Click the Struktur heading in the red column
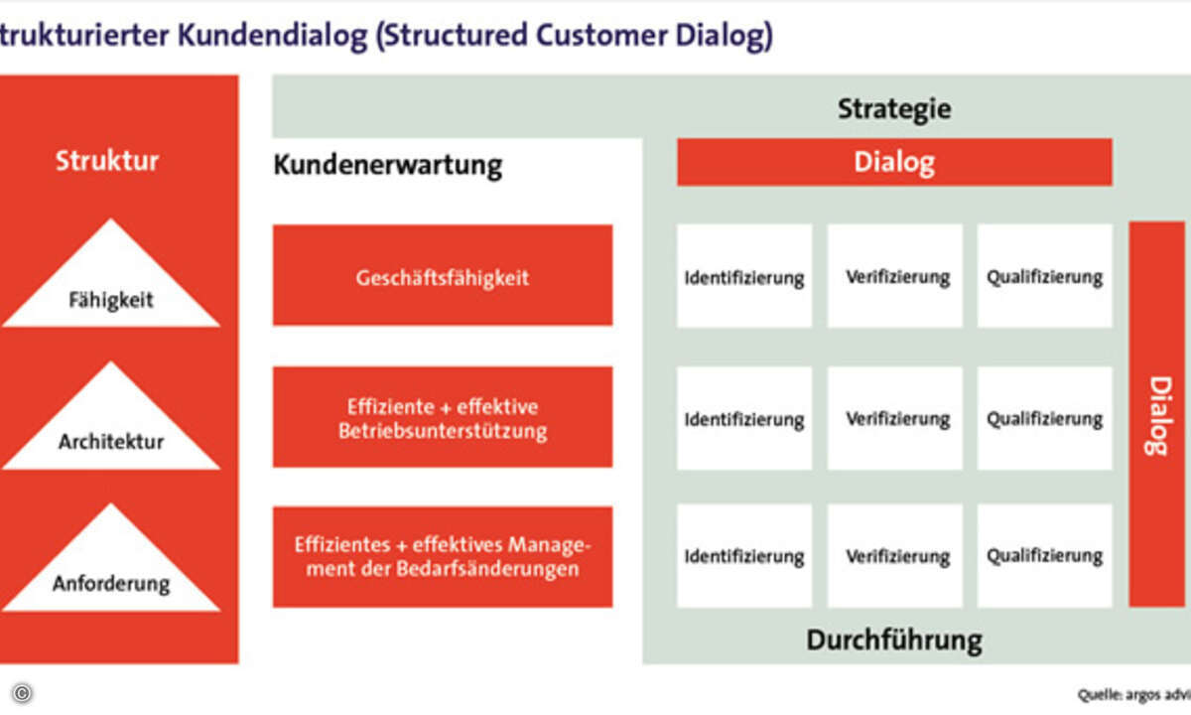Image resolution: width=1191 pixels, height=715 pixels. point(107,161)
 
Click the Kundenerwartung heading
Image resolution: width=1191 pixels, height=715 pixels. point(387,164)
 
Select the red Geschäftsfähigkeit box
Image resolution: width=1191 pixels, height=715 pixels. point(443,276)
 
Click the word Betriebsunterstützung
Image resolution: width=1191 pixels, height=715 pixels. point(443,432)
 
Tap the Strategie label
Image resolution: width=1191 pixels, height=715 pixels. point(893,108)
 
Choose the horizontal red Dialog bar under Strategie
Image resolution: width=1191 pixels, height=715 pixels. point(893,162)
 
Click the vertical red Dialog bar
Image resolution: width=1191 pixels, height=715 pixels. point(1156,414)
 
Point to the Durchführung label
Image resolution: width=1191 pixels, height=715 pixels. point(893,640)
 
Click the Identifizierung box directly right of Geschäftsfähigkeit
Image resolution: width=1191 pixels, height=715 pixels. point(744,276)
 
